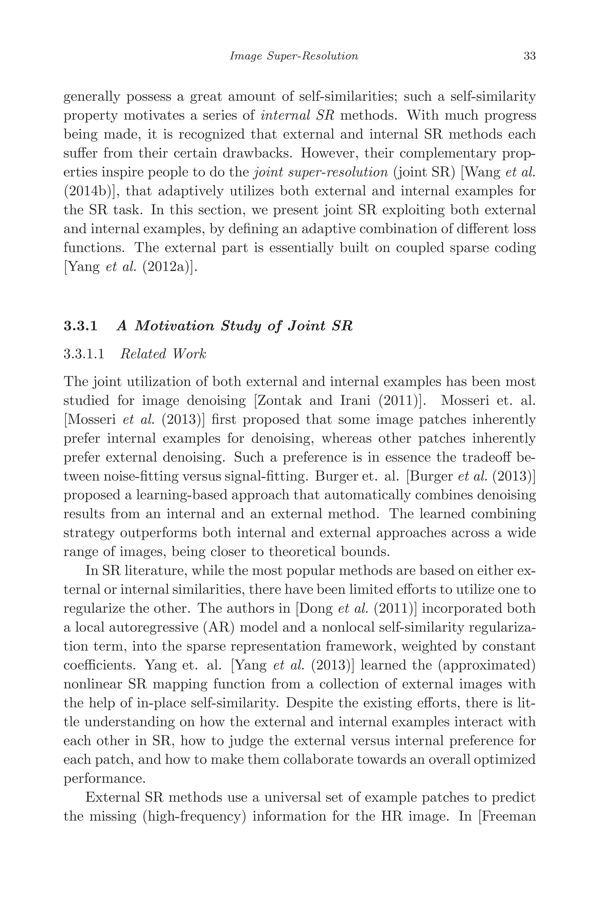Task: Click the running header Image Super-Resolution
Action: pyautogui.click(x=294, y=56)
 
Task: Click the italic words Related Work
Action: pyautogui.click(x=163, y=354)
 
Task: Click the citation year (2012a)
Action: pyautogui.click(x=170, y=267)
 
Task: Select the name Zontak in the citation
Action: pyautogui.click(x=281, y=401)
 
